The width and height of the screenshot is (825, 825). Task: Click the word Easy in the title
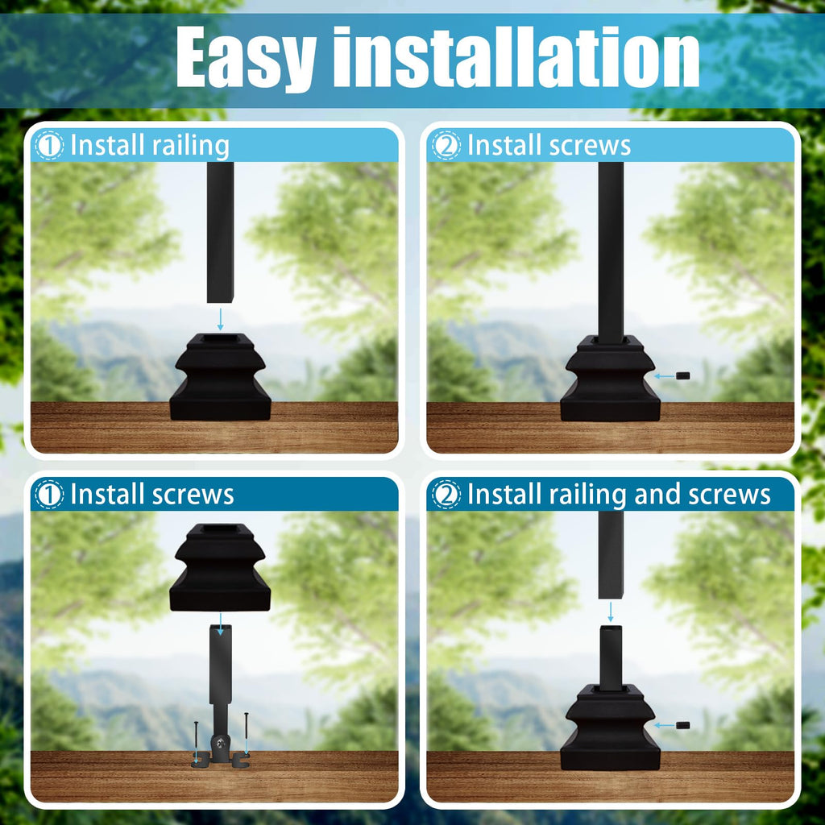[x=246, y=58]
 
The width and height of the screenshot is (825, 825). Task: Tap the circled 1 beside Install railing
[x=49, y=145]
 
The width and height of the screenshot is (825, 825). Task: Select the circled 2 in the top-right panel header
[x=446, y=145]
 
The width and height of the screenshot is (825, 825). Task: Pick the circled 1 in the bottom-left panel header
[x=49, y=495]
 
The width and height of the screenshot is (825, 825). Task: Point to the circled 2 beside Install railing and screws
[x=446, y=495]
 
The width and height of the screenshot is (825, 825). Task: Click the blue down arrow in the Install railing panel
[x=220, y=319]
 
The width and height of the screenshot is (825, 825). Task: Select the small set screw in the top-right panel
[x=682, y=375]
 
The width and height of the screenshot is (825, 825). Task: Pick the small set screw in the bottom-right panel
[x=682, y=726]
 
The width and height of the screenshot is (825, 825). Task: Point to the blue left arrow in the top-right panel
[x=664, y=376]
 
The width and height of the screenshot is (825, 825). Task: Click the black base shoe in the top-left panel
[x=221, y=376]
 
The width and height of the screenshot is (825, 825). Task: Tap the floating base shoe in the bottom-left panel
[x=220, y=567]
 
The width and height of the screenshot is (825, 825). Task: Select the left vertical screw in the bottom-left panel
[x=196, y=742]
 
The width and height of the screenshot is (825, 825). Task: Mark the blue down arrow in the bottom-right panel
[x=611, y=611]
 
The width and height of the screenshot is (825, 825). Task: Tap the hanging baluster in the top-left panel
[x=220, y=232]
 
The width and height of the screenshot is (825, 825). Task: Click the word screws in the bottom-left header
[x=193, y=495]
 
